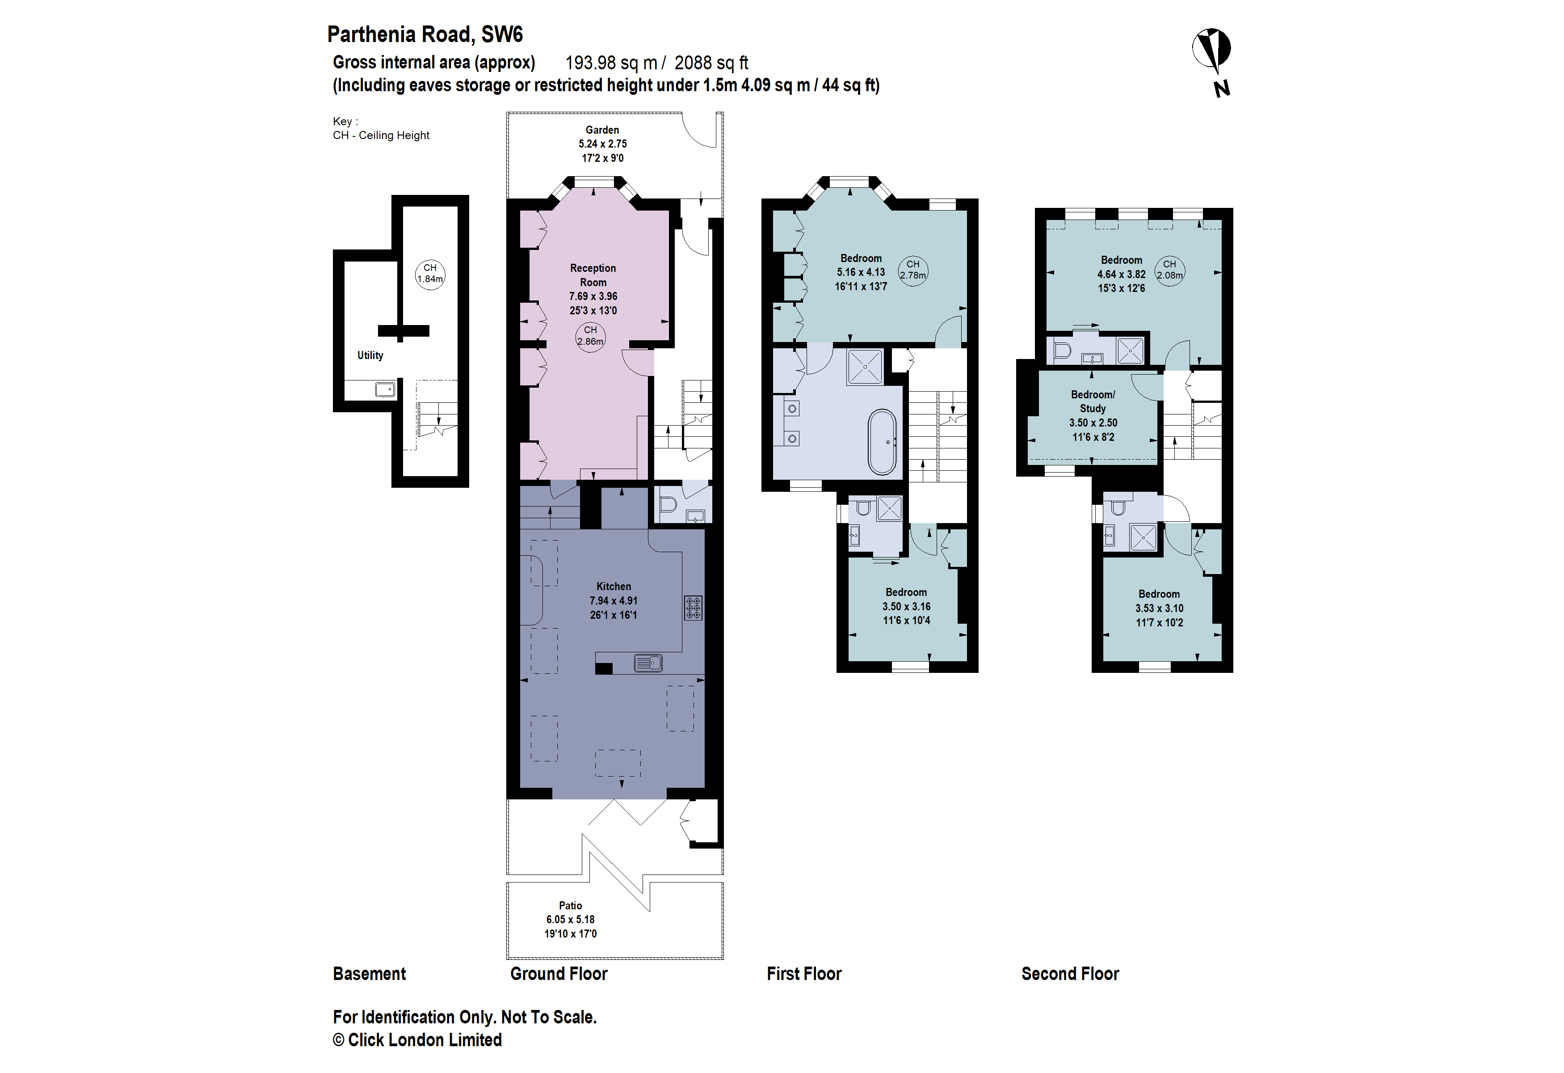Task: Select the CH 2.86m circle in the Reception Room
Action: click(x=590, y=336)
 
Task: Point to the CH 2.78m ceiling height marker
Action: click(x=912, y=270)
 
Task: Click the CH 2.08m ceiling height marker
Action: click(x=1169, y=270)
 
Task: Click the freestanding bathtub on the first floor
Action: click(x=882, y=442)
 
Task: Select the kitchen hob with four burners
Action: click(x=693, y=607)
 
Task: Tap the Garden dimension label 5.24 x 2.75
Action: click(x=602, y=144)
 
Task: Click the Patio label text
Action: click(x=570, y=905)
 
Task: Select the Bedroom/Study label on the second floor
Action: click(x=1093, y=401)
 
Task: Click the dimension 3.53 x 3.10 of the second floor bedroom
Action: click(x=1159, y=608)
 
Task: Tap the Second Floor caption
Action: click(x=1070, y=974)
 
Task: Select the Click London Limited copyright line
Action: click(x=417, y=1040)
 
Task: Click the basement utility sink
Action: click(x=385, y=389)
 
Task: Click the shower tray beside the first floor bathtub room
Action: click(x=865, y=367)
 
